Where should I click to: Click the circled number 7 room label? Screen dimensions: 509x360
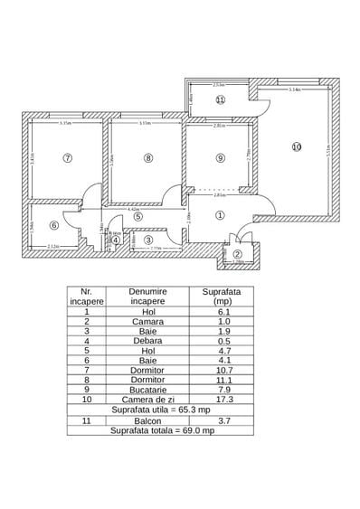coord(66,156)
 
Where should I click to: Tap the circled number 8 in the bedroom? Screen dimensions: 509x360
coord(148,157)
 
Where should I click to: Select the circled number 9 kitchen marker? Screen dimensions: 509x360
coord(220,158)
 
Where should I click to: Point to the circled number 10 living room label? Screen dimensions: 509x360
coord(296,146)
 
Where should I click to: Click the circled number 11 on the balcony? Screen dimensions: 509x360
coord(220,99)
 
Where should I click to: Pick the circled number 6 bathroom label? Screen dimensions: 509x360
coord(53,226)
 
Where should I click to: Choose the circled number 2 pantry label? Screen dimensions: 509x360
coord(238,254)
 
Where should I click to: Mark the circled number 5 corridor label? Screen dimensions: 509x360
coord(137,216)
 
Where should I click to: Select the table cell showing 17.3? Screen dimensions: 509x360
coord(221,399)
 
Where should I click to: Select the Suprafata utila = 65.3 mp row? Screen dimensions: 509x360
coord(161,410)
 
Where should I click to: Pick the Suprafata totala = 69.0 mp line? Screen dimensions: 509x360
coord(161,431)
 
